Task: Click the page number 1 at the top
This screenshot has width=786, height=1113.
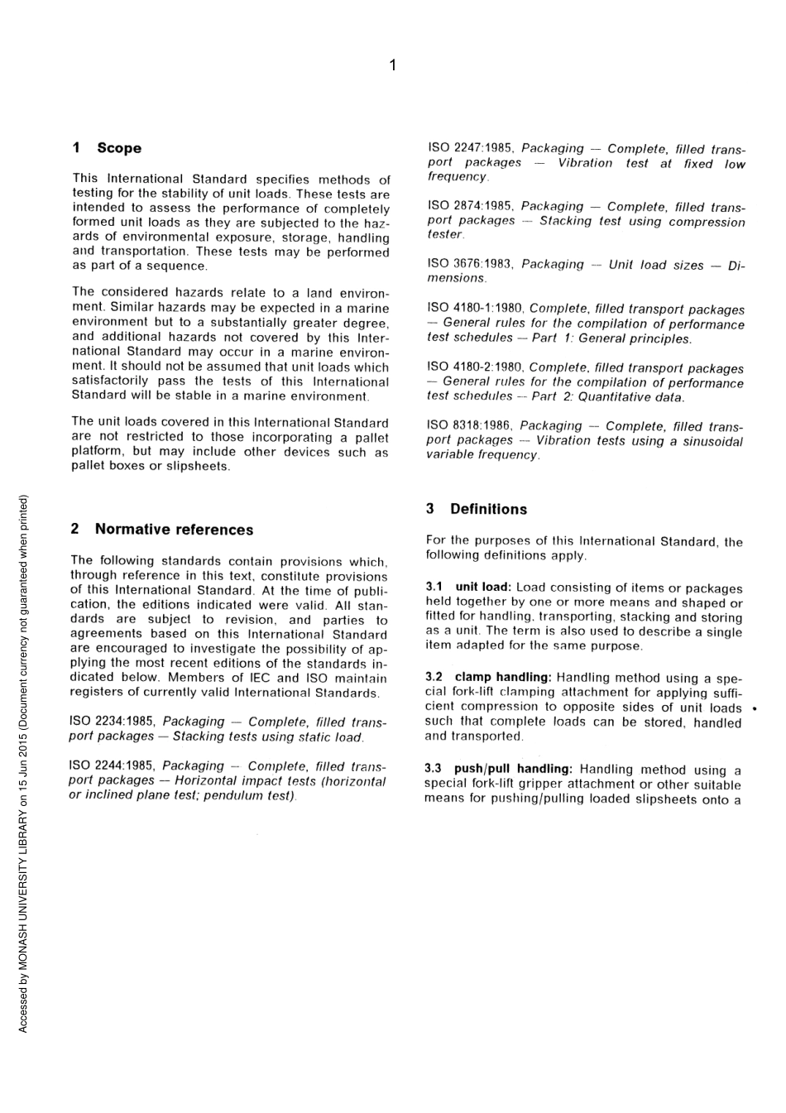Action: [393, 65]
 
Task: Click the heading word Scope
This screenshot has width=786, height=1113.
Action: [119, 148]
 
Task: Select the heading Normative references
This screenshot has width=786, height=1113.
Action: [174, 530]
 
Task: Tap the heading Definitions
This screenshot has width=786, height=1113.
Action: [488, 509]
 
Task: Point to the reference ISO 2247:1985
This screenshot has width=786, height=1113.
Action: [470, 148]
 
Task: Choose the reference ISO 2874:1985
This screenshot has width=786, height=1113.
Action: [470, 206]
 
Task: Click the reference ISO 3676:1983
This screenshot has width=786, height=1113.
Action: [470, 264]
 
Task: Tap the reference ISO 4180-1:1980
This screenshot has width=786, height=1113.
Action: [475, 309]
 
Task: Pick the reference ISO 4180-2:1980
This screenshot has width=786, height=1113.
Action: [475, 367]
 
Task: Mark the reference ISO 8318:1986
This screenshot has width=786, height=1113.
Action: [469, 425]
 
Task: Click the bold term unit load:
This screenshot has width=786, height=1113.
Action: [483, 588]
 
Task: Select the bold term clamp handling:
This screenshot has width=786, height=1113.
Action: [503, 677]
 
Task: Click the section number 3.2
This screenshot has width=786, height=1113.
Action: [434, 677]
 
